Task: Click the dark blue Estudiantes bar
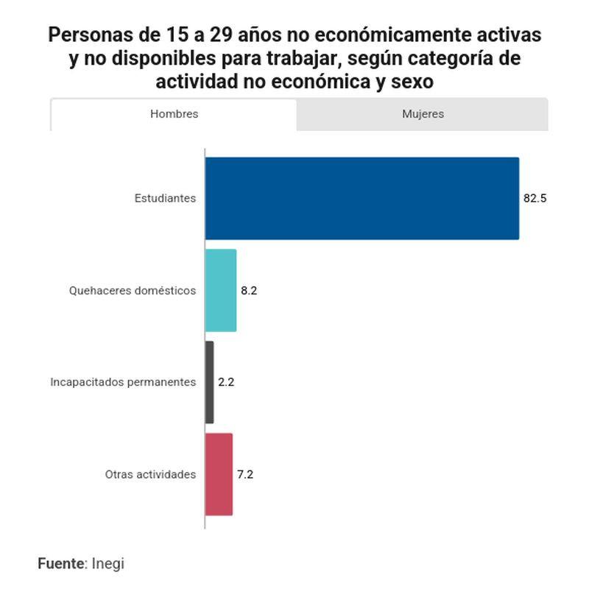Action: [x=361, y=198]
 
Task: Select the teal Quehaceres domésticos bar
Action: [x=221, y=290]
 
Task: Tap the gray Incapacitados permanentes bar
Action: [x=210, y=382]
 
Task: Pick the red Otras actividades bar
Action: [x=219, y=474]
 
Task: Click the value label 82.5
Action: [x=535, y=198]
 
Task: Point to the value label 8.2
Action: [x=249, y=290]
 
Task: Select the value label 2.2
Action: [x=226, y=382]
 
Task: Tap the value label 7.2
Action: [x=245, y=474]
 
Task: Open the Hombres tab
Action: [x=174, y=114]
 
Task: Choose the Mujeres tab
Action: [x=423, y=114]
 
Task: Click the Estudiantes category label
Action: [x=165, y=198]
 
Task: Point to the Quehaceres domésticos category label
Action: [x=133, y=290]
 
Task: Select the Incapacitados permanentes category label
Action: [x=123, y=382]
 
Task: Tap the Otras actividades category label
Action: [x=150, y=474]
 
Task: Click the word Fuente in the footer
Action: [x=61, y=563]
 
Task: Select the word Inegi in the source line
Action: [x=108, y=563]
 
